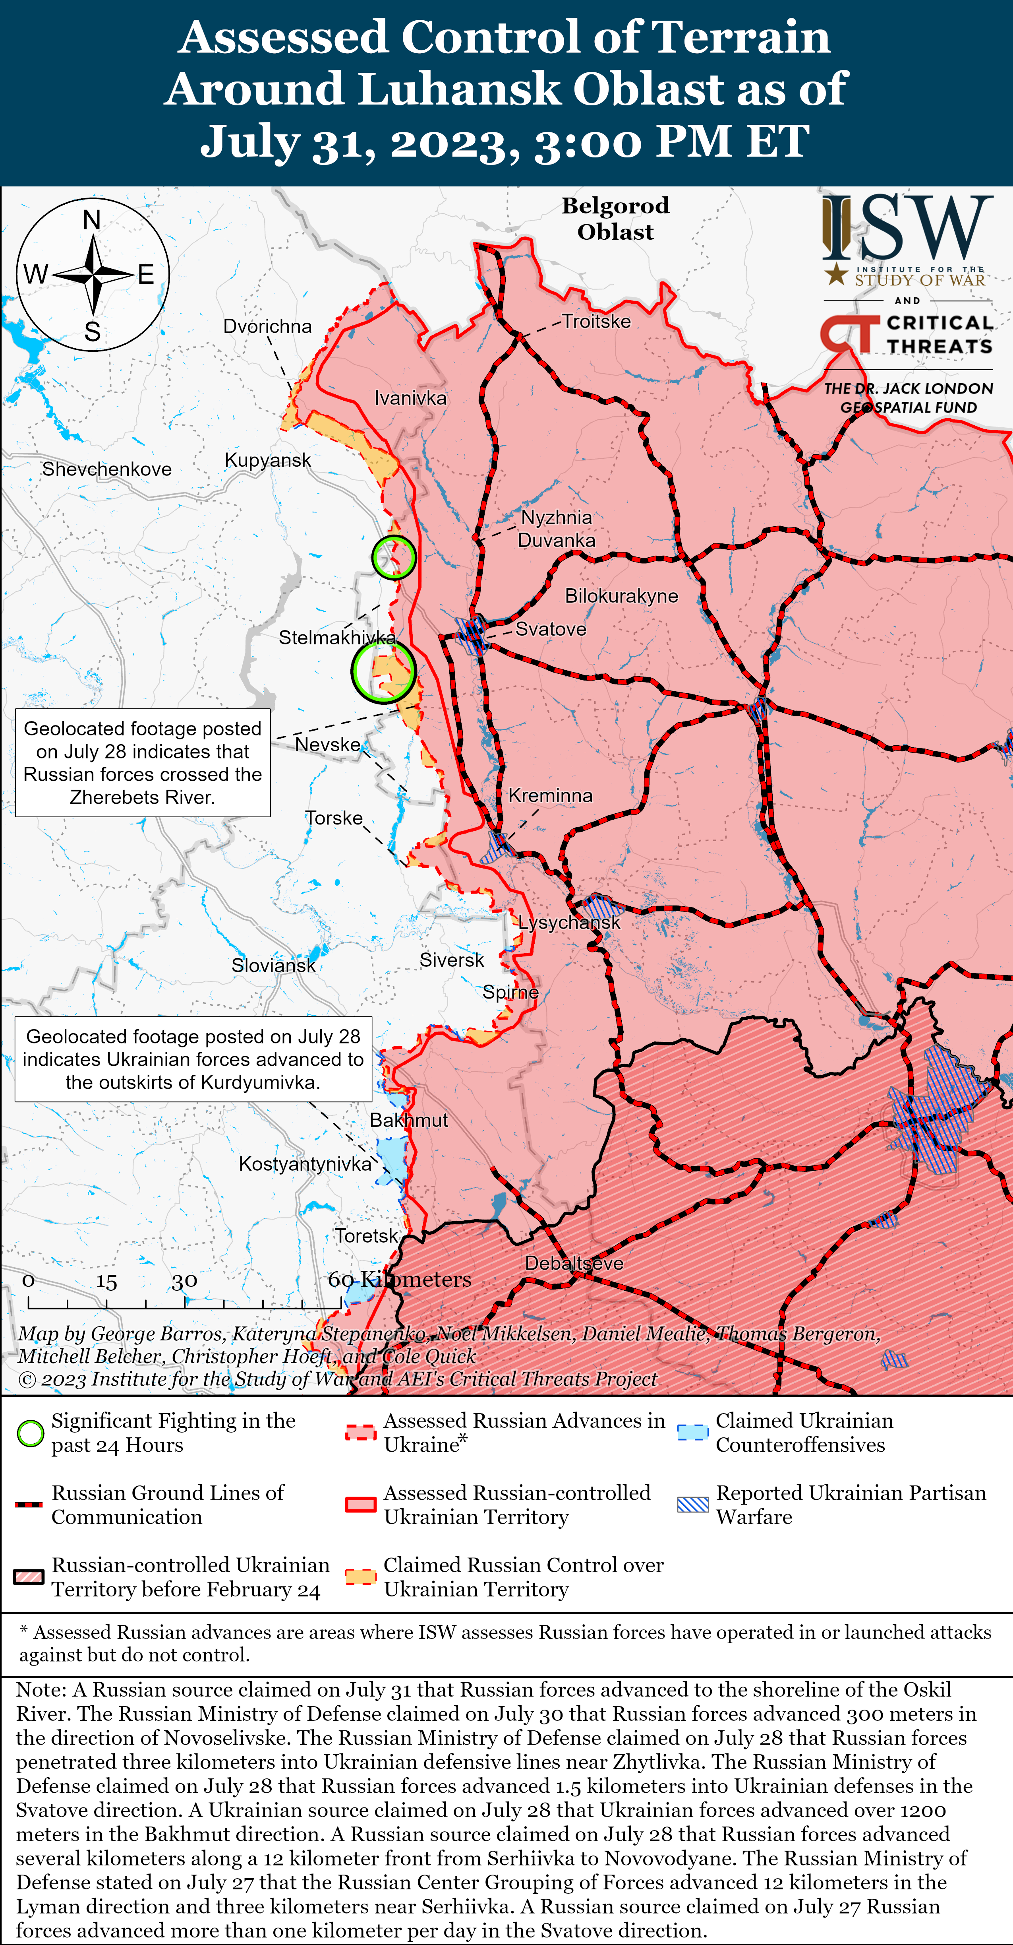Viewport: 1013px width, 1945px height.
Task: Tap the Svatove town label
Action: [550, 629]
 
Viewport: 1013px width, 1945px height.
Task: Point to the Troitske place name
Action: [596, 322]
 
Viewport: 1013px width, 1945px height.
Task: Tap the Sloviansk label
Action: [273, 965]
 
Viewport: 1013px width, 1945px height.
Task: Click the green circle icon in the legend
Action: [30, 1433]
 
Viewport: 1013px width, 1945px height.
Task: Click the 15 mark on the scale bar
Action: [106, 1281]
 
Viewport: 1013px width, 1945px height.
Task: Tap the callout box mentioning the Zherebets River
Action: [143, 762]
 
